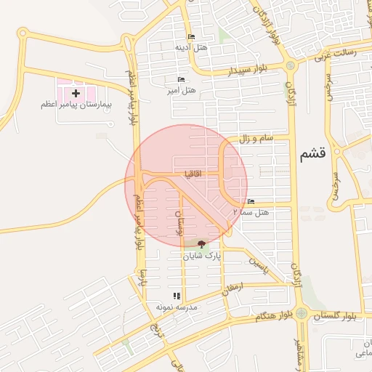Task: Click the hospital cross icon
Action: [x=76, y=94]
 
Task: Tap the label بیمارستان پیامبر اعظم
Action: [x=76, y=105]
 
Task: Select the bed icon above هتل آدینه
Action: [x=191, y=37]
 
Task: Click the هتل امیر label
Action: [x=181, y=90]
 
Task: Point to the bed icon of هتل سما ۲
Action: [x=251, y=201]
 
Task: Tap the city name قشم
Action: [x=312, y=154]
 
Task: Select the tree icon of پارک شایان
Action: [x=201, y=244]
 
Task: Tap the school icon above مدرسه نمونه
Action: [x=175, y=296]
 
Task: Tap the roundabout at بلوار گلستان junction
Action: [x=301, y=314]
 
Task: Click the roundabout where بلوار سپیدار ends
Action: [x=291, y=65]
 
